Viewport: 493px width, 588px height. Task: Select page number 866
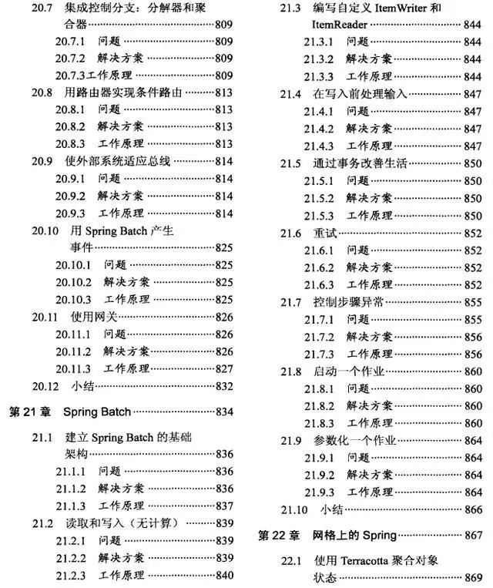[473, 509]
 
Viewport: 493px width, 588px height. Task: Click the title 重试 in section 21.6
[324, 233]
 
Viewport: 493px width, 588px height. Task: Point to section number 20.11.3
[73, 368]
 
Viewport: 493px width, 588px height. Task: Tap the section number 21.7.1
[317, 319]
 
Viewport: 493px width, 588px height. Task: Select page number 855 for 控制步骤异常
[473, 302]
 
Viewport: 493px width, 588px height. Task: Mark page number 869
[473, 578]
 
